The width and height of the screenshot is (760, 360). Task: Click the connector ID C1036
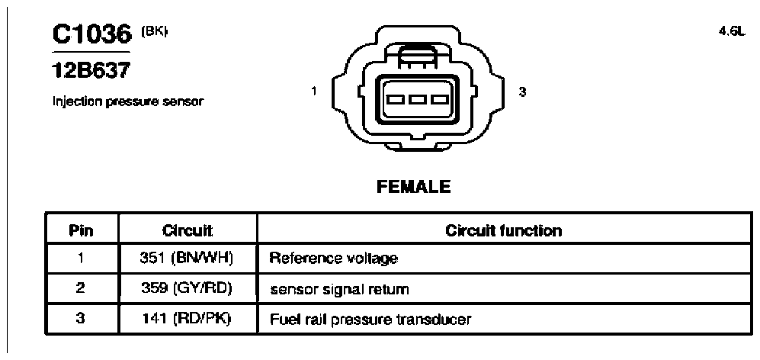92,34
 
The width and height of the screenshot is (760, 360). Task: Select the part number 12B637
91,71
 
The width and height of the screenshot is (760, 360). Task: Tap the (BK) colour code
154,31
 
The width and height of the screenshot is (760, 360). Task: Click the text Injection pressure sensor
128,102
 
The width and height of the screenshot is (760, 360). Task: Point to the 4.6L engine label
731,31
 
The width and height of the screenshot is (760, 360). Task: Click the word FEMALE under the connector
413,186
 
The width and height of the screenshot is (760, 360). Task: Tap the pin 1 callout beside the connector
314,91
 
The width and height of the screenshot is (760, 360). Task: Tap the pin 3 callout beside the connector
522,91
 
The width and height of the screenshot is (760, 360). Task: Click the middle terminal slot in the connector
417,100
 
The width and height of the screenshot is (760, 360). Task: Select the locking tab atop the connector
417,57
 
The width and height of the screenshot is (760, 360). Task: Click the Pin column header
81,230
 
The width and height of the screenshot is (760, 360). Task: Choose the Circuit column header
187,230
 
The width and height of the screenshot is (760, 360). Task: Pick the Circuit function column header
504,230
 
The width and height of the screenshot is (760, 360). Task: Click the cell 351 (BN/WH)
187,258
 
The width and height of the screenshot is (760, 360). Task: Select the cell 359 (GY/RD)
187,288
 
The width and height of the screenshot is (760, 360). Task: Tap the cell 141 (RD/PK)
187,319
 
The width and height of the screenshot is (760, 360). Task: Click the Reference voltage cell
333,259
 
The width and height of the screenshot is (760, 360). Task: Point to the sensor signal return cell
339,289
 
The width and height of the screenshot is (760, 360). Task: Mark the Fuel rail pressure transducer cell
370,320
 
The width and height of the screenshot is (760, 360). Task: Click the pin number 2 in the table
81,288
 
